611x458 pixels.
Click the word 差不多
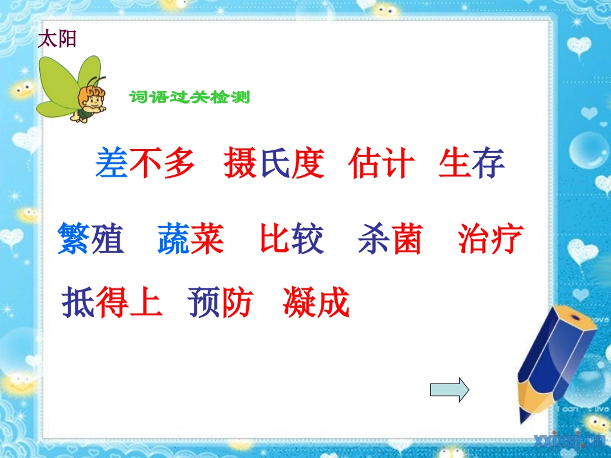click(145, 163)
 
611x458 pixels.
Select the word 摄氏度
click(274, 163)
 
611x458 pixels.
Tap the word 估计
click(381, 163)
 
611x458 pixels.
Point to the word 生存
click(471, 163)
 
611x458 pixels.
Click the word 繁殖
click(90, 239)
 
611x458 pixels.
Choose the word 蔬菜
click(190, 239)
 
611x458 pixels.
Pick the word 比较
click(292, 239)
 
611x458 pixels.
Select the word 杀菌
click(390, 239)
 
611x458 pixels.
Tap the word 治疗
click(491, 239)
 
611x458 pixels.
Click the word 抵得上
click(112, 303)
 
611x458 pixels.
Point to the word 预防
click(221, 303)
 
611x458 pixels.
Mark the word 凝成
click(316, 303)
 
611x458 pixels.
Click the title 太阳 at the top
click(57, 39)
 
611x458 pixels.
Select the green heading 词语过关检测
click(189, 98)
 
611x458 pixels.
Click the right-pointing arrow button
click(450, 389)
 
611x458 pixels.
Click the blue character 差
click(112, 163)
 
